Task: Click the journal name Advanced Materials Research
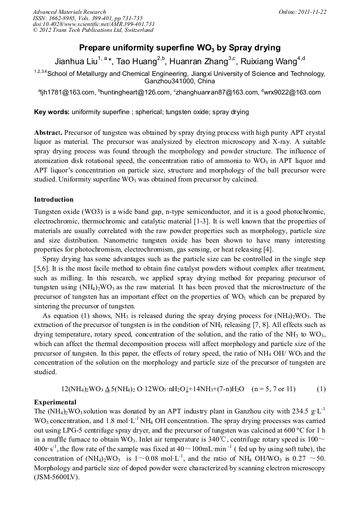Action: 69,12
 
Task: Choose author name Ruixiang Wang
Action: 268,62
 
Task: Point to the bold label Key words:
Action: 52,112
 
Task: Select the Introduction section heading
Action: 54,200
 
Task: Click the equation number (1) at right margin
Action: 321,389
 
